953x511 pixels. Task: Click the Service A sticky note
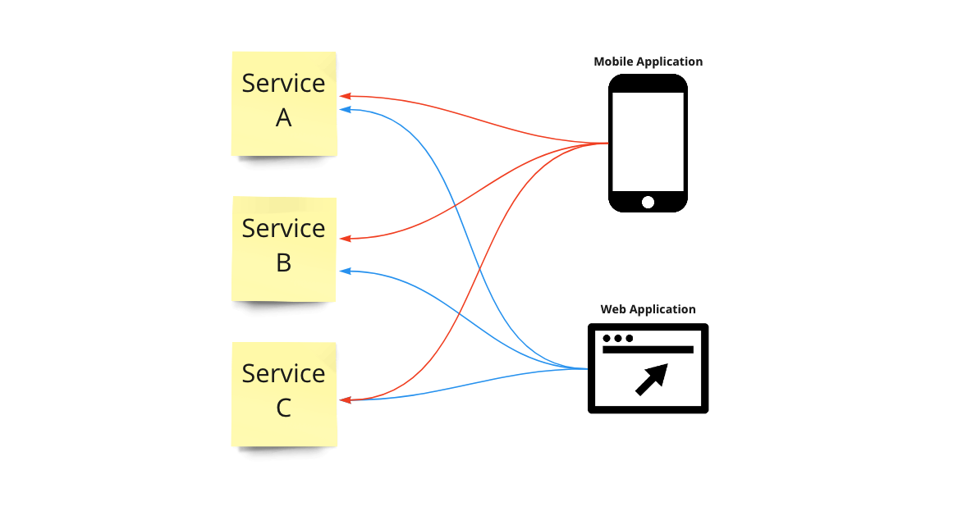[x=284, y=103]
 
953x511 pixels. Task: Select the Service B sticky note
[x=284, y=249]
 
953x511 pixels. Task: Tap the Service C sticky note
[x=284, y=394]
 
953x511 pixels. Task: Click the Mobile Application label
[x=648, y=62]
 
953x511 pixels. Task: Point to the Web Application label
[x=648, y=309]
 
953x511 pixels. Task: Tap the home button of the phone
[x=648, y=202]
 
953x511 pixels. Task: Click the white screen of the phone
[x=648, y=141]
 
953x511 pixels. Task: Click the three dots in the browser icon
[x=618, y=338]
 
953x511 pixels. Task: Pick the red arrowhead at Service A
[x=346, y=96]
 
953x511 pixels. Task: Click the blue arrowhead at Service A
[x=346, y=109]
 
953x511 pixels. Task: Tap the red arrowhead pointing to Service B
[x=346, y=239]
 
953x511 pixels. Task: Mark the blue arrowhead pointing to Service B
[x=346, y=271]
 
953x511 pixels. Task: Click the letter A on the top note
[x=284, y=118]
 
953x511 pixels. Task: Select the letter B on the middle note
[x=284, y=263]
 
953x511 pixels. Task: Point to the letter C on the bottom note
[x=284, y=408]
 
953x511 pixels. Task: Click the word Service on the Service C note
[x=284, y=373]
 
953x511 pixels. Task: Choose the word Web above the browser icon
[x=614, y=309]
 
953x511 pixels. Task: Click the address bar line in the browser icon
[x=648, y=349]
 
